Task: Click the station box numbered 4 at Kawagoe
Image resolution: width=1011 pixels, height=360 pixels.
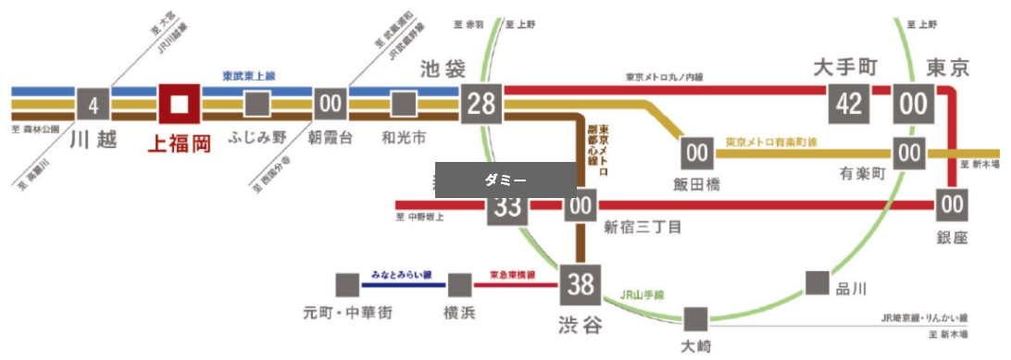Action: pyautogui.click(x=93, y=105)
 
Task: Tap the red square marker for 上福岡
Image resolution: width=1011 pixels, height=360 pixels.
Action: pyautogui.click(x=179, y=104)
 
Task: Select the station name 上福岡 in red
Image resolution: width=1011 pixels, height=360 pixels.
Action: pyautogui.click(x=179, y=143)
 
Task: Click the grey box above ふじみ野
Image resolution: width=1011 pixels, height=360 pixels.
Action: pyautogui.click(x=256, y=105)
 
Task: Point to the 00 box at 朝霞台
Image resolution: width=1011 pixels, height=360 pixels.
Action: pyautogui.click(x=331, y=105)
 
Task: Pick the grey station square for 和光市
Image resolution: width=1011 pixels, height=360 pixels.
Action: pyautogui.click(x=403, y=105)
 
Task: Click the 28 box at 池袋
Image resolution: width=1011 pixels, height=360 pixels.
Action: pyautogui.click(x=481, y=104)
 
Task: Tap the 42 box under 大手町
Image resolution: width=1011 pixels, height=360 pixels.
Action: pyautogui.click(x=849, y=104)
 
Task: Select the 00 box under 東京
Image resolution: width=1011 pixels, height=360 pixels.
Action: pyautogui.click(x=913, y=104)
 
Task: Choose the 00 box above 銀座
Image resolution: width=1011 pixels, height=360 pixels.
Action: pyautogui.click(x=951, y=203)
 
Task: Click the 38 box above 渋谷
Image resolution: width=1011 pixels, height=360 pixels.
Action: pyautogui.click(x=580, y=285)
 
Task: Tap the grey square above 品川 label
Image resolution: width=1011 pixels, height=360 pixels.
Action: pyautogui.click(x=817, y=282)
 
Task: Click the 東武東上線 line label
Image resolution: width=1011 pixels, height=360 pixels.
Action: pyautogui.click(x=255, y=77)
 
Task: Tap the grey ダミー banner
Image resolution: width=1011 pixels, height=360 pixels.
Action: pyautogui.click(x=506, y=180)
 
